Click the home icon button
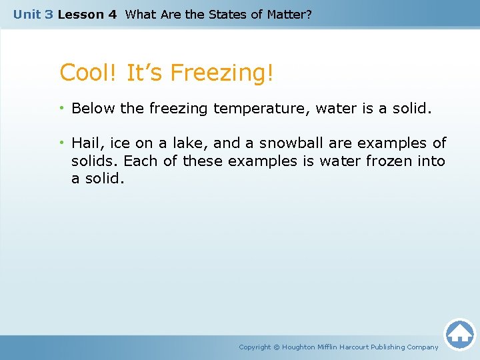click(459, 334)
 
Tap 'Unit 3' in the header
click(33, 14)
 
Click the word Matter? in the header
click(287, 14)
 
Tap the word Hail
click(85, 143)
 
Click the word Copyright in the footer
click(255, 347)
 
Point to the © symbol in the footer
click(277, 347)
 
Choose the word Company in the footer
click(422, 347)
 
